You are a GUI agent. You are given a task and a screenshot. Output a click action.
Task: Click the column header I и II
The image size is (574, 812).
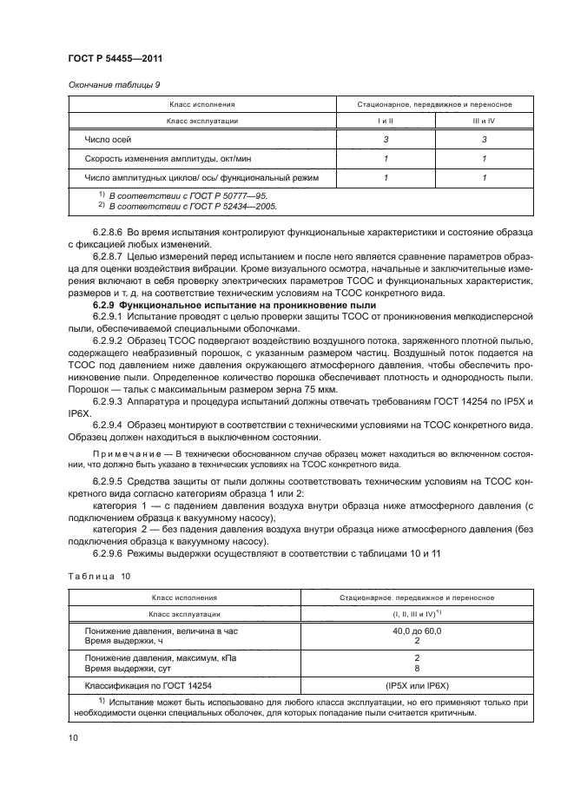coord(386,122)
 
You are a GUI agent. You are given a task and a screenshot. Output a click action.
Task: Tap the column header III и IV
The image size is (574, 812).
coord(484,122)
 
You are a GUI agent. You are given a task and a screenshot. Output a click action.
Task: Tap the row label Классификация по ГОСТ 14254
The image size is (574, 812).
coord(148,685)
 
